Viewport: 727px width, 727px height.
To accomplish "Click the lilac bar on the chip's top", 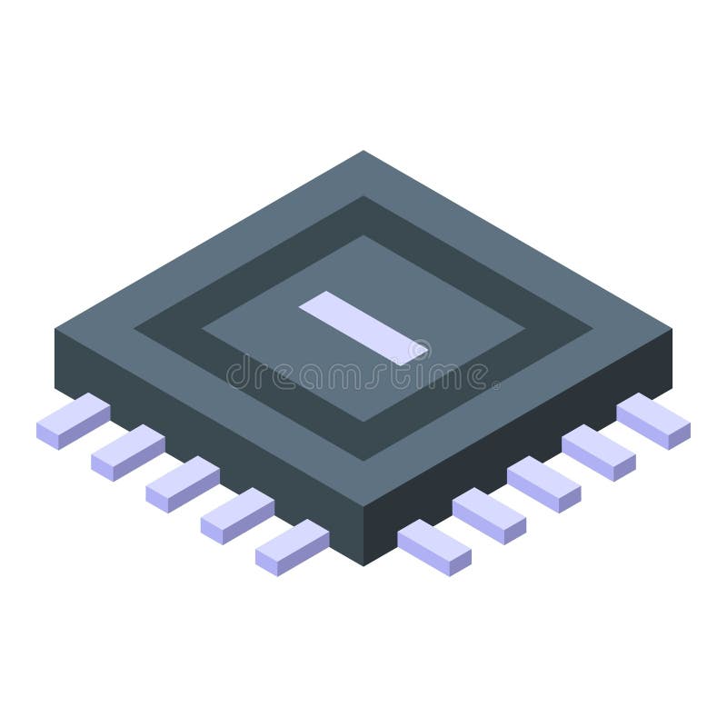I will tap(363, 328).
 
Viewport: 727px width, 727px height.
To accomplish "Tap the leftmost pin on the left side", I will tap(73, 422).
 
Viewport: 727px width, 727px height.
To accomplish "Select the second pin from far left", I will tap(127, 453).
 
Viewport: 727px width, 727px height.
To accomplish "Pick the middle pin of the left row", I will tap(182, 484).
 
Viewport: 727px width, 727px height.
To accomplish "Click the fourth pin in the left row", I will tap(237, 516).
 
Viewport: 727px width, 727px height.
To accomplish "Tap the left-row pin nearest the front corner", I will tap(292, 548).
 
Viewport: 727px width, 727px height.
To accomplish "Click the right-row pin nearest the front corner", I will tap(434, 548).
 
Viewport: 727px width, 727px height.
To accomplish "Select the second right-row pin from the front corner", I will tap(489, 516).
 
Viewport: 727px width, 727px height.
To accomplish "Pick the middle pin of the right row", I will tap(543, 484).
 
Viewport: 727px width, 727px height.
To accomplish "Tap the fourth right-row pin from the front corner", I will tap(598, 453).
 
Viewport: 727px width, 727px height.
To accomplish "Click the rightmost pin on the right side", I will tap(653, 422).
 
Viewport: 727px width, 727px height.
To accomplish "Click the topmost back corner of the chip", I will tap(363, 152).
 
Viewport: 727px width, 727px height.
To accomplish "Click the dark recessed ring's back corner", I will tap(363, 198).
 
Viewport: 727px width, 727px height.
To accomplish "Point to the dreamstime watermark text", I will tap(363, 373).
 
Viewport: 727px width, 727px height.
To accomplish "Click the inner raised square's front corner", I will tap(363, 420).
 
